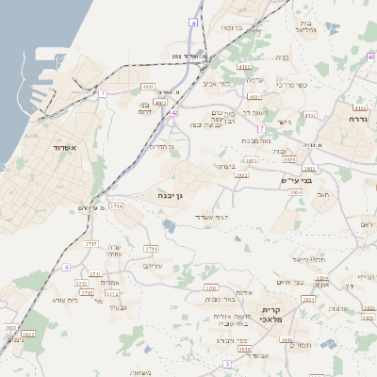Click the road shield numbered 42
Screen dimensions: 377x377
click(x=174, y=113)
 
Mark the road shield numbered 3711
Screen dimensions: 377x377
click(x=152, y=248)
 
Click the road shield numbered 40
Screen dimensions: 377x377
click(x=371, y=57)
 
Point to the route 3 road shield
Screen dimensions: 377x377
click(x=226, y=364)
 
